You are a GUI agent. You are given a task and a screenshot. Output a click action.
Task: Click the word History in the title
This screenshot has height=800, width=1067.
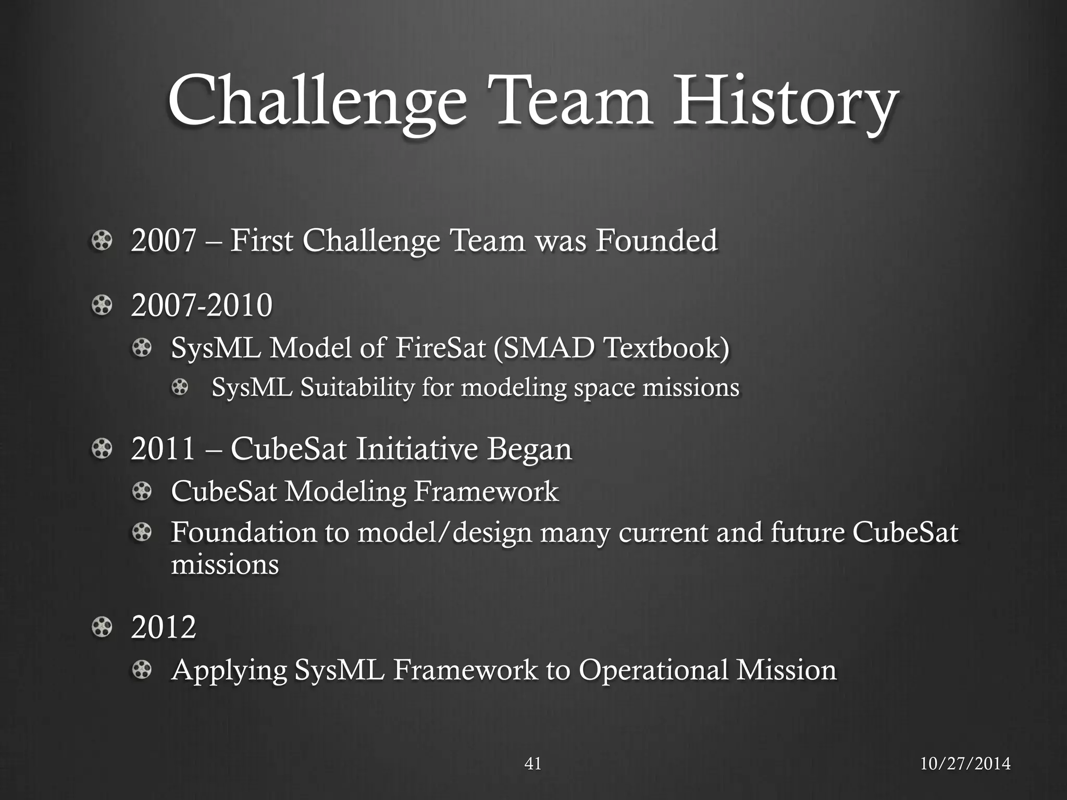pyautogui.click(x=785, y=102)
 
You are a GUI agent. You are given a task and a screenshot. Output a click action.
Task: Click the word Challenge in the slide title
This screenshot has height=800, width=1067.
pyautogui.click(x=317, y=102)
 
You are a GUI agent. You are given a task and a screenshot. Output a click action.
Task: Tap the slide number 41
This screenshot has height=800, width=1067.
pyautogui.click(x=532, y=764)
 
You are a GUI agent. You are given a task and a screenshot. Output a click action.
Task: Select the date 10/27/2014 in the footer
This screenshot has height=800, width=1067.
pyautogui.click(x=965, y=764)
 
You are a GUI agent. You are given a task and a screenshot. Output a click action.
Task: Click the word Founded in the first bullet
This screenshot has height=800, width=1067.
pyautogui.click(x=656, y=240)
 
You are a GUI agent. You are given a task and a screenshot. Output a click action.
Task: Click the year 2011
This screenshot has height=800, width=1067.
pyautogui.click(x=163, y=448)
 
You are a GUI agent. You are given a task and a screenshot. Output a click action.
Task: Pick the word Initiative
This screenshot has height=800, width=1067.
pyautogui.click(x=417, y=448)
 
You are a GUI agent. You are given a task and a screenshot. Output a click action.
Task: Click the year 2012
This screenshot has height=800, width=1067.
pyautogui.click(x=163, y=627)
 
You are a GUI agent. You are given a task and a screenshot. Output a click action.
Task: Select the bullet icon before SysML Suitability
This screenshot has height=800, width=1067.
pyautogui.click(x=180, y=387)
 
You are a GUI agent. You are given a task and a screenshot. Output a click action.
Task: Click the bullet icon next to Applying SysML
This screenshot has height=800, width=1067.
pyautogui.click(x=142, y=669)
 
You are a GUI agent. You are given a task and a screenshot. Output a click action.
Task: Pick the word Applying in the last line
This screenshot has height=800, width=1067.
pyautogui.click(x=229, y=671)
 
